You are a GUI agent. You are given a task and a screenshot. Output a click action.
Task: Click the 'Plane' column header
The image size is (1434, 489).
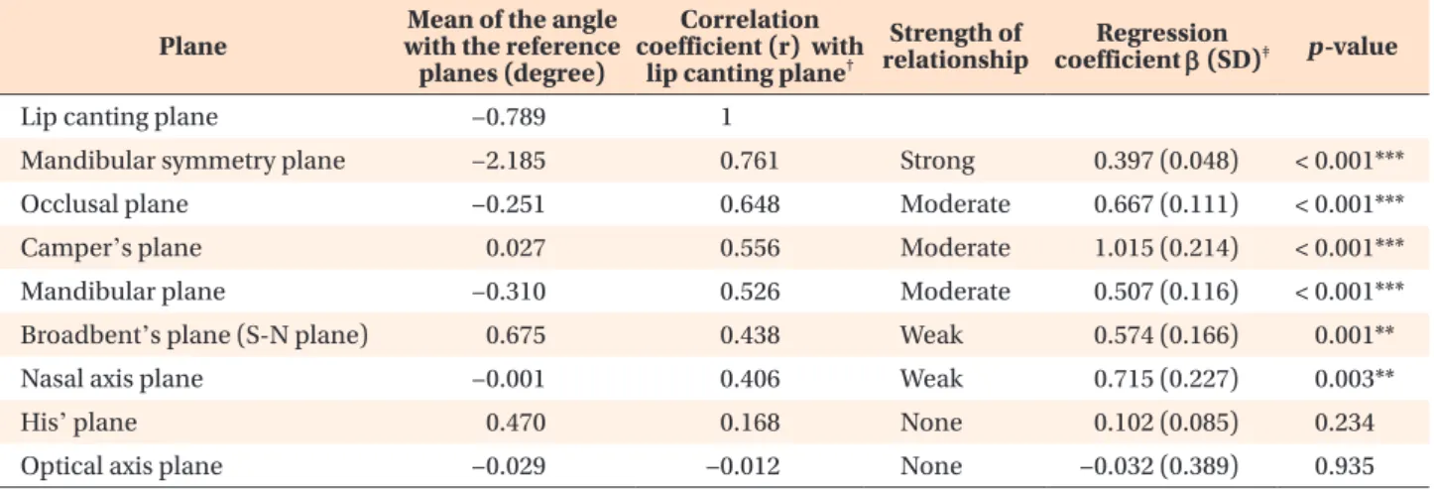[x=192, y=46]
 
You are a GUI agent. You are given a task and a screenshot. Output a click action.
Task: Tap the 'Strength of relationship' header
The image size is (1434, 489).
[x=955, y=46]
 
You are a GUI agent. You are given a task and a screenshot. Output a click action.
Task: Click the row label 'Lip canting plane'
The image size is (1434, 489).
[x=119, y=117]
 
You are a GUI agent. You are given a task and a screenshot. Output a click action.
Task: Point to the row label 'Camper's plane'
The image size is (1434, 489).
[x=111, y=248]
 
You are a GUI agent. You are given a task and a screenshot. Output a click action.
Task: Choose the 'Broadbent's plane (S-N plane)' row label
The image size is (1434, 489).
[x=194, y=335]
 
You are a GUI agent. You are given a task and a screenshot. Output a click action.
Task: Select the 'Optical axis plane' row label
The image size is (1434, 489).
[x=122, y=466]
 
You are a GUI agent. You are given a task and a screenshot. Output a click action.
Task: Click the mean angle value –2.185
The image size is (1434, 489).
[x=509, y=160]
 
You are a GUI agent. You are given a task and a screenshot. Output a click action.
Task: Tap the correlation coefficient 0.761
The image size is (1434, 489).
[x=750, y=160]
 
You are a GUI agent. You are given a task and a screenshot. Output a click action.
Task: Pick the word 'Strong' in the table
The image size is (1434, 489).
[x=937, y=161]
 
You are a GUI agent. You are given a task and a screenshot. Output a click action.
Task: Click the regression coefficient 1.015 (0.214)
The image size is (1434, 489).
[x=1166, y=248]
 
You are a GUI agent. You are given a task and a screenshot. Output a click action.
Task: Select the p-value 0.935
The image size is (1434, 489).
[x=1345, y=466]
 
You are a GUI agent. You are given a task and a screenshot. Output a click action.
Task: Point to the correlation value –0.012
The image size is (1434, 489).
[x=743, y=466]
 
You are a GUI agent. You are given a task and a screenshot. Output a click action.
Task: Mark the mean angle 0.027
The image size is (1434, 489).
[x=516, y=248]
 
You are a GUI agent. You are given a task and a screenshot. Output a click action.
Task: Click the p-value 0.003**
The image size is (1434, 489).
[x=1354, y=378]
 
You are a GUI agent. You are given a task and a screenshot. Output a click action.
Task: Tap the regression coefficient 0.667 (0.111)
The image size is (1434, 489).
[x=1166, y=204]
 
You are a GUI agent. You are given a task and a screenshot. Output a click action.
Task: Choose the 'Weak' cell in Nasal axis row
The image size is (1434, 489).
[x=931, y=378]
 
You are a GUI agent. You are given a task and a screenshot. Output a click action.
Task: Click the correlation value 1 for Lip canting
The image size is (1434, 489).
[x=726, y=117]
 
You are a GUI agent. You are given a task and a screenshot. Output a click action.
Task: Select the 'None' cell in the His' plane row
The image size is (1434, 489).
[x=931, y=423]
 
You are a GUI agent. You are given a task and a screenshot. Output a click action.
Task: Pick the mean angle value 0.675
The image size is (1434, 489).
[x=516, y=335]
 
